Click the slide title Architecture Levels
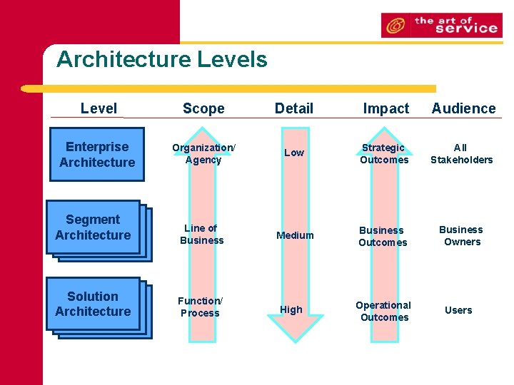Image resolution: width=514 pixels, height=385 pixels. pyautogui.click(x=162, y=59)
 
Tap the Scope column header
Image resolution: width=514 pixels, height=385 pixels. pyautogui.click(x=203, y=108)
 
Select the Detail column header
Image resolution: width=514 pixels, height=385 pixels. pyautogui.click(x=294, y=108)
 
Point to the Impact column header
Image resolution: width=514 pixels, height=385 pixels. pyautogui.click(x=385, y=108)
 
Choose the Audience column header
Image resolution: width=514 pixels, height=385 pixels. pyautogui.click(x=463, y=108)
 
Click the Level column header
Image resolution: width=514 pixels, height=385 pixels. pyautogui.click(x=99, y=108)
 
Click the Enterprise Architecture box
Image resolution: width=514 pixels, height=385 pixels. pyautogui.click(x=97, y=155)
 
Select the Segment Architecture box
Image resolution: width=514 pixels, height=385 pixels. pyautogui.click(x=93, y=227)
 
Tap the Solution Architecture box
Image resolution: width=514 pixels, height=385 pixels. pyautogui.click(x=93, y=304)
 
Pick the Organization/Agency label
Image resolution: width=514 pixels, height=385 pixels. pyautogui.click(x=203, y=153)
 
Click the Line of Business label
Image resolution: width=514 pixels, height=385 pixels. pyautogui.click(x=201, y=234)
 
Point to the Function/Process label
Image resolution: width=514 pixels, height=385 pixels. pyautogui.click(x=200, y=307)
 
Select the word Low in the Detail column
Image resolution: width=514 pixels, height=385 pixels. pyautogui.click(x=294, y=153)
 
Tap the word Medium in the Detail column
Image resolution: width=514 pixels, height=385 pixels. pyautogui.click(x=295, y=235)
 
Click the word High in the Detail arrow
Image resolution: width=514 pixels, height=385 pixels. pyautogui.click(x=291, y=309)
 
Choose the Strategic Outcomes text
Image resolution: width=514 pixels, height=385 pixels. pyautogui.click(x=384, y=153)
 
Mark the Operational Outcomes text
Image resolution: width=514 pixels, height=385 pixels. pyautogui.click(x=384, y=311)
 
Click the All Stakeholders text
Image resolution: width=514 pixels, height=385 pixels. pyautogui.click(x=461, y=153)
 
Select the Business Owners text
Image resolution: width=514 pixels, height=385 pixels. pyautogui.click(x=460, y=235)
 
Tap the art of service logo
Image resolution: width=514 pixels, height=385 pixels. pyautogui.click(x=441, y=25)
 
